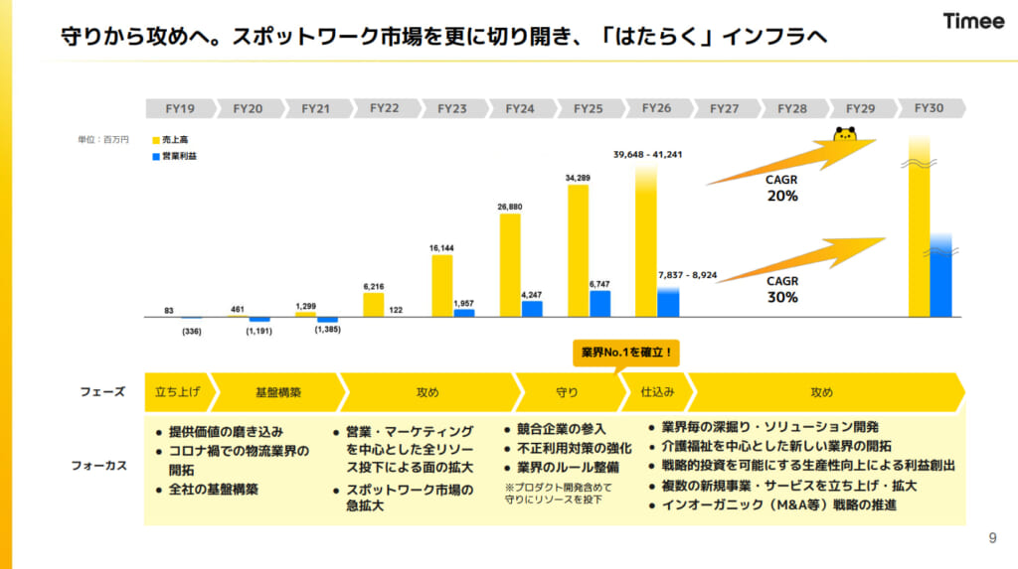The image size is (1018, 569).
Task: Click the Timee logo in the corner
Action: point(973,22)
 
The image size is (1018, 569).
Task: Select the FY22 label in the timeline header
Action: point(384,108)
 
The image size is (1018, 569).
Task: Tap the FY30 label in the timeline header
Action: point(928,108)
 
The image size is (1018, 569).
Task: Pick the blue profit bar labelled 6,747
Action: point(600,303)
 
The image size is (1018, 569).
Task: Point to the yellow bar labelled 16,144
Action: point(442,285)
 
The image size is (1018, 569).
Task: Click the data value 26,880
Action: point(510,207)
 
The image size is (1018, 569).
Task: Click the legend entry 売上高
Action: point(175,141)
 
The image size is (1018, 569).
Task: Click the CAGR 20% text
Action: point(781,190)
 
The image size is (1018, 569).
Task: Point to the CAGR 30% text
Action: point(781,289)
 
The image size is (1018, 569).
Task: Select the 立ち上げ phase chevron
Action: point(177,392)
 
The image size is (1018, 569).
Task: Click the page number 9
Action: point(991,538)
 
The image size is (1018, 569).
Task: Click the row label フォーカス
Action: point(98,465)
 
